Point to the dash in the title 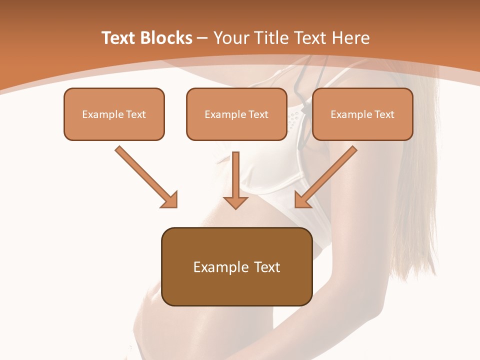[x=202, y=38]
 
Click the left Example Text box [x=114, y=114]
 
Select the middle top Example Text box [x=236, y=114]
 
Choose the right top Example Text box [x=362, y=114]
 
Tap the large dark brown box [x=236, y=266]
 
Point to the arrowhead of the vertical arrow [x=235, y=201]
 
